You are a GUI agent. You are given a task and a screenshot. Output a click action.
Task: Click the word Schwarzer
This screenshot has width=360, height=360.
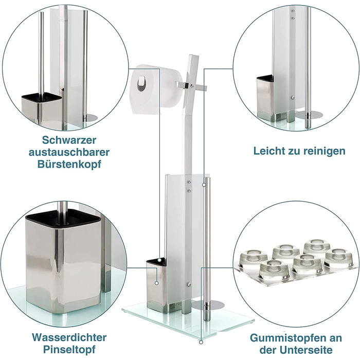click(69, 140)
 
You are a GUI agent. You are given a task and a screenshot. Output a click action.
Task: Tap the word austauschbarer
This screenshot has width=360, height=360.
click(69, 152)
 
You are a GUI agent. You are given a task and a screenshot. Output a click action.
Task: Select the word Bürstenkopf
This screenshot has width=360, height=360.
click(69, 165)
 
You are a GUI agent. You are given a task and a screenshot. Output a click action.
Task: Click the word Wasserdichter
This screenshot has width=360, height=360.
click(69, 337)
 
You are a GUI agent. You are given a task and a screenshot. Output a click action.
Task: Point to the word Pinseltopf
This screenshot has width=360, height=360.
click(69, 350)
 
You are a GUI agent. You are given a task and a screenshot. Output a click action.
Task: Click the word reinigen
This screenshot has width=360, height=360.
click(325, 151)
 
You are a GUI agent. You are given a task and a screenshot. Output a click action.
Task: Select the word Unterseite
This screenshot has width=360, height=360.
click(307, 350)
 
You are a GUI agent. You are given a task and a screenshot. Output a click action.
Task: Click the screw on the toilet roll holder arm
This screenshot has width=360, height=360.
click(191, 86)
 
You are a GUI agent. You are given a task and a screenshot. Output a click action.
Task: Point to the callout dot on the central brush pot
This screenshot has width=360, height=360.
click(156, 283)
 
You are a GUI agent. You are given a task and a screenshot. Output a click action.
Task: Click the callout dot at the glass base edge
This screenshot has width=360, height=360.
click(201, 343)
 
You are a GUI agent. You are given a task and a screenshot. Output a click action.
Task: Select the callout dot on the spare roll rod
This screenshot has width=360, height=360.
click(204, 185)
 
